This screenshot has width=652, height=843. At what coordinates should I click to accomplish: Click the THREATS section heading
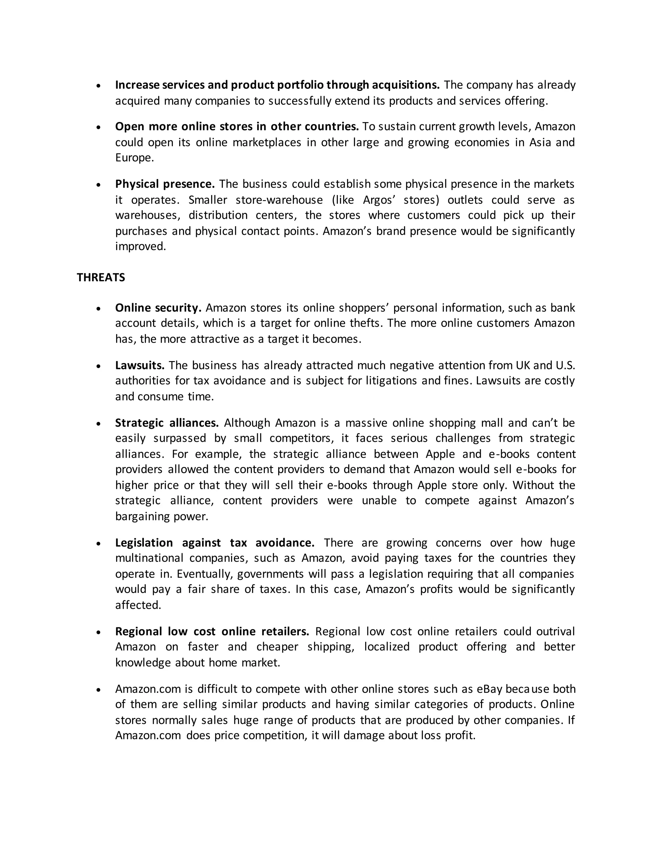click(101, 277)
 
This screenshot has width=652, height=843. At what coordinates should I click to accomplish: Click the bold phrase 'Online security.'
click(158, 308)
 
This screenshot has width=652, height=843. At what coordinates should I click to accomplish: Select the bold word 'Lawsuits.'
click(140, 365)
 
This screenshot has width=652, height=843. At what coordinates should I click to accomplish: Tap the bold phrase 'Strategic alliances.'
click(167, 423)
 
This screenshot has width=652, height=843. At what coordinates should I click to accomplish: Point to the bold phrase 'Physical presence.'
click(165, 184)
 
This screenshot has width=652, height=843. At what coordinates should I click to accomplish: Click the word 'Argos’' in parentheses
click(378, 200)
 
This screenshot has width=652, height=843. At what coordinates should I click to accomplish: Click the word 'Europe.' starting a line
click(134, 158)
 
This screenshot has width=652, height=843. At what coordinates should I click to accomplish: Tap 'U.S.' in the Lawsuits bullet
click(565, 365)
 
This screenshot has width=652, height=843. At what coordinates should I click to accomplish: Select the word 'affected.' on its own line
click(138, 605)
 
